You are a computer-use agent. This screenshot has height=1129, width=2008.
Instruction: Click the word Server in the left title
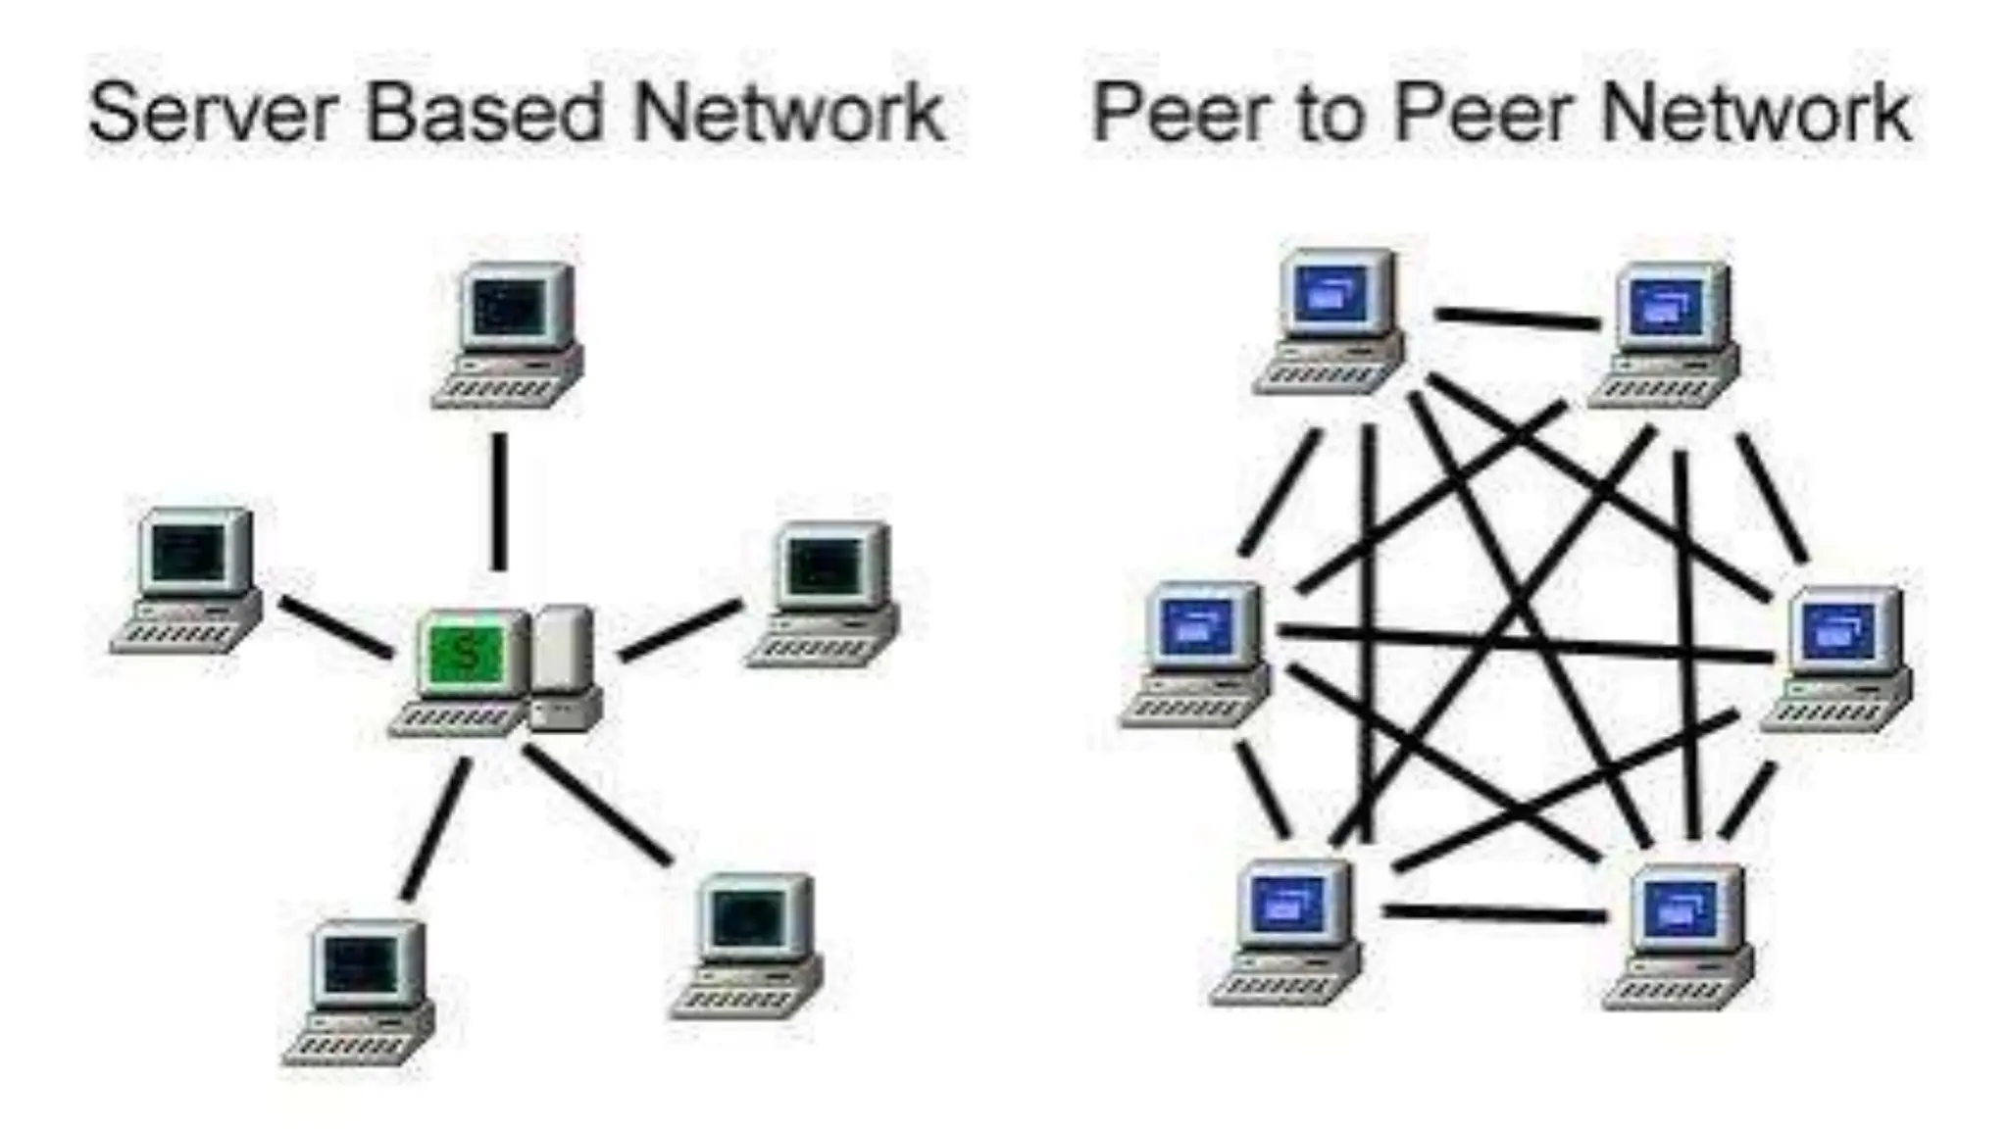(211, 114)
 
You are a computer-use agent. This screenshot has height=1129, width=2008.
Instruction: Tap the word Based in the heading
(484, 114)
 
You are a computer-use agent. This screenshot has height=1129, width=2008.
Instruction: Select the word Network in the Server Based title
(788, 114)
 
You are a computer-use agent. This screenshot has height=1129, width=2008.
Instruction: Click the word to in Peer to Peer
(1330, 114)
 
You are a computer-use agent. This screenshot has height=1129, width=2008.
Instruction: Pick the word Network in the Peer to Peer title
(1755, 114)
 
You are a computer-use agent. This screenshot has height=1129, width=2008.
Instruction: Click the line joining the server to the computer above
(500, 500)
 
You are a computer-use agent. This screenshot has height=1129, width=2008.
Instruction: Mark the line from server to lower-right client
(598, 804)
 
